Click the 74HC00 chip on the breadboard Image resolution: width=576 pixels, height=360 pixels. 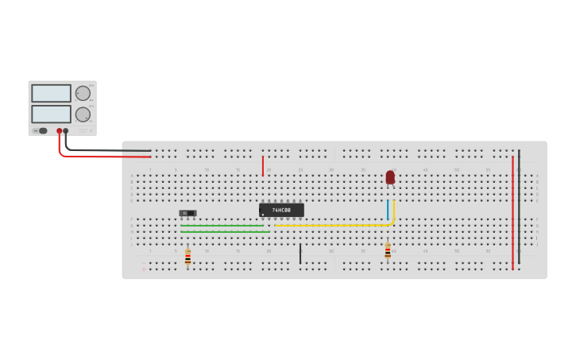281,210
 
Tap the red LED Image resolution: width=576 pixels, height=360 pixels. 390,177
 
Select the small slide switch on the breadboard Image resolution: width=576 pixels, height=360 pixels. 187,213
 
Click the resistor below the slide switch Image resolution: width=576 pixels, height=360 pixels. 187,257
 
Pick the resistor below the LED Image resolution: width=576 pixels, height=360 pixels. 388,252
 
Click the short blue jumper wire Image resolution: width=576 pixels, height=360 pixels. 388,210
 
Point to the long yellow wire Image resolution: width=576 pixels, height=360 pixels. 334,225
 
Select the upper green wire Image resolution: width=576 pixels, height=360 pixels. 222,225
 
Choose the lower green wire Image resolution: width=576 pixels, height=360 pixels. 222,232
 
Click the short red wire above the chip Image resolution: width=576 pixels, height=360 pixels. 262,165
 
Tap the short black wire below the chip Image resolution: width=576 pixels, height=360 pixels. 300,254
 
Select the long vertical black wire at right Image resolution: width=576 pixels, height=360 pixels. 519,207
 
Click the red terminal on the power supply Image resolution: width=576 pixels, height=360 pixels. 59,131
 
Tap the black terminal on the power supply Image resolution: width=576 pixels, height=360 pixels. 66,131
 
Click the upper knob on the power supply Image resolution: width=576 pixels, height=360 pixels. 83,93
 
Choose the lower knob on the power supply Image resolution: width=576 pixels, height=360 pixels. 83,114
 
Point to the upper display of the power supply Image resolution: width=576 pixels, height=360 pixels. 51,93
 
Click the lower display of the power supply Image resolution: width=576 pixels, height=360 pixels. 51,114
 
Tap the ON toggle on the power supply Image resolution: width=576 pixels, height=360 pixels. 41,131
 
